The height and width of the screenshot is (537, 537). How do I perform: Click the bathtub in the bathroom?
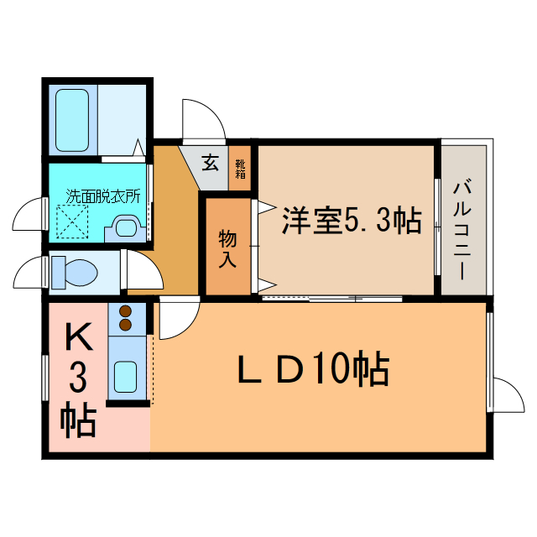pyautogui.click(x=72, y=120)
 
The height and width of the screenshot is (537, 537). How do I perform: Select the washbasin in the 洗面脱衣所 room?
pyautogui.click(x=126, y=228)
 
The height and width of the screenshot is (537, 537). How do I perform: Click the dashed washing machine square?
pyautogui.click(x=72, y=222)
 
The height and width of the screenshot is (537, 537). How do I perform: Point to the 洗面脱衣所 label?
pyautogui.click(x=103, y=196)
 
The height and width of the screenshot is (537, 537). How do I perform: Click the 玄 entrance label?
pyautogui.click(x=210, y=163)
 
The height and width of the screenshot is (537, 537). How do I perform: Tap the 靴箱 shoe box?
pyautogui.click(x=241, y=169)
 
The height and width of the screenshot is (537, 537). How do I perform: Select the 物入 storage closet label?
pyautogui.click(x=227, y=248)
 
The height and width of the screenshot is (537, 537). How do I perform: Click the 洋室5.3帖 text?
pyautogui.click(x=352, y=220)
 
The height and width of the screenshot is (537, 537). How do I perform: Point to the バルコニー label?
pyautogui.click(x=462, y=232)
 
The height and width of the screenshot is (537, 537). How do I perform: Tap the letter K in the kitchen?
pyautogui.click(x=80, y=336)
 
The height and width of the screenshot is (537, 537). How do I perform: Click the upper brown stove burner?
pyautogui.click(x=126, y=311)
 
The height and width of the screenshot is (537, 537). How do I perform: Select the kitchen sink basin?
pyautogui.click(x=125, y=377)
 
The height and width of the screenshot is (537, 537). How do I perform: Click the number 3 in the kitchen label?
pyautogui.click(x=78, y=378)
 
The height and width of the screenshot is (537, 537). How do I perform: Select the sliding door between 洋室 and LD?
pyautogui.click(x=332, y=299)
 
